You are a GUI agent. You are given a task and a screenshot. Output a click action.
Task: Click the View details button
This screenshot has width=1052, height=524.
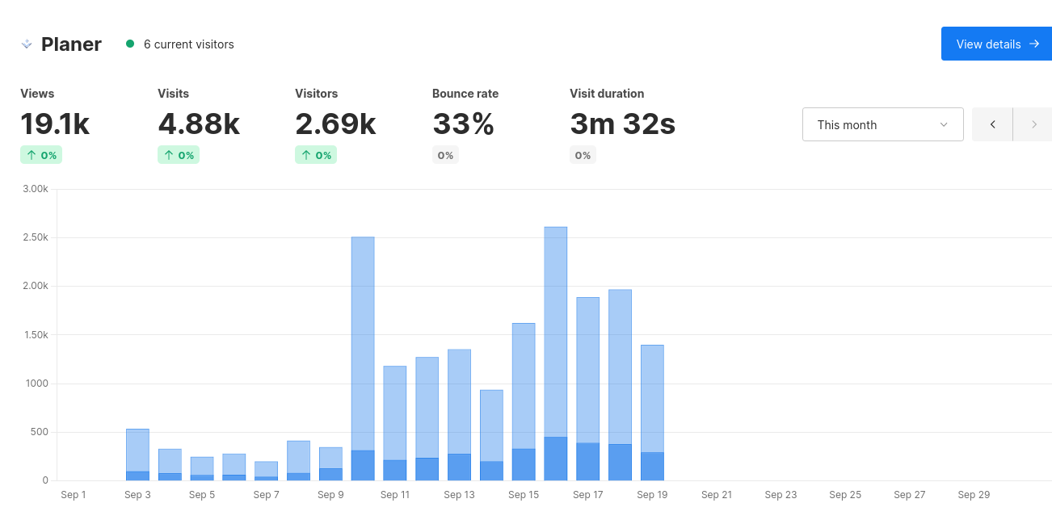996,44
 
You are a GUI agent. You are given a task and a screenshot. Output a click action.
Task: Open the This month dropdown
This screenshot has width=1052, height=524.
882,124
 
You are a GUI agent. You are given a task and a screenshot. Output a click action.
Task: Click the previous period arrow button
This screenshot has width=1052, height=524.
992,124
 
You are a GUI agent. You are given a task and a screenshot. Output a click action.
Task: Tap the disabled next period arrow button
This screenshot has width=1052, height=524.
1033,124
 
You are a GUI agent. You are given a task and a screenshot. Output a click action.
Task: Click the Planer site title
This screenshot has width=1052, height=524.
71,44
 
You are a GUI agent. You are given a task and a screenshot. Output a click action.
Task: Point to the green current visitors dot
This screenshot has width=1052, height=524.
130,44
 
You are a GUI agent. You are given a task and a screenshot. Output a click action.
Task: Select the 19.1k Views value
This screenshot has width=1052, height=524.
55,124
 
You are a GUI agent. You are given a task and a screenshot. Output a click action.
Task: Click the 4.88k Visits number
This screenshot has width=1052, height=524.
199,124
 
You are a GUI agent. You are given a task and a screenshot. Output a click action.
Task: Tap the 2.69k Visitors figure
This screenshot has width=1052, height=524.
335,124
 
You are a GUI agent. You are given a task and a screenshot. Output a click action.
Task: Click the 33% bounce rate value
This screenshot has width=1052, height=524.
463,124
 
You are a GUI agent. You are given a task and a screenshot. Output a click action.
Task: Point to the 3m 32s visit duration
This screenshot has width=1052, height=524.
622,124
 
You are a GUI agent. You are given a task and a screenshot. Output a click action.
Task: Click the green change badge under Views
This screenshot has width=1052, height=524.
41,155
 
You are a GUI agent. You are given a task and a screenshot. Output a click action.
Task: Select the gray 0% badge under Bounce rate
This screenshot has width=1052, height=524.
445,155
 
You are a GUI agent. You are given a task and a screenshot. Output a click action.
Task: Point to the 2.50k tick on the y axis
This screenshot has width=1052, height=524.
35,237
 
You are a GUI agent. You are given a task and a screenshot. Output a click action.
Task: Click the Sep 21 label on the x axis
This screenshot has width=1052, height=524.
716,495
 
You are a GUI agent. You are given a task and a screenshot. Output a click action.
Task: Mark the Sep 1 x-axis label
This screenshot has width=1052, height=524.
74,495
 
